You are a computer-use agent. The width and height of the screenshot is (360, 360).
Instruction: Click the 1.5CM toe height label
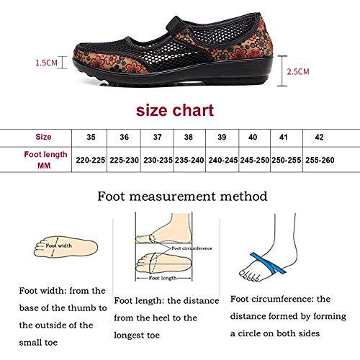[46, 63]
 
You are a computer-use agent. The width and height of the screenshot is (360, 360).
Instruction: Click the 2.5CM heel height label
[298, 71]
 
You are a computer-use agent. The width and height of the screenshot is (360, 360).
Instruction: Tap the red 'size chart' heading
[175, 110]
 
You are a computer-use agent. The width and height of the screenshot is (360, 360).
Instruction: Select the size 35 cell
[91, 137]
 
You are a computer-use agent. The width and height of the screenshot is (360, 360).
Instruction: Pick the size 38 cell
[189, 137]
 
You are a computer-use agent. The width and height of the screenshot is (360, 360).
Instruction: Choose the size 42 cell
[319, 137]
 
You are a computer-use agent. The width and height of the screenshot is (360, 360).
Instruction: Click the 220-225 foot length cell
[91, 160]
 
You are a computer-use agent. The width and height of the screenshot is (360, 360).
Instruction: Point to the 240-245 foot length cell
[223, 160]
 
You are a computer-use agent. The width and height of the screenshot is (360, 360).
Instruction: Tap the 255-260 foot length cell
[320, 160]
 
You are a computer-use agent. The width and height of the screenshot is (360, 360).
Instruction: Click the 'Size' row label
[43, 137]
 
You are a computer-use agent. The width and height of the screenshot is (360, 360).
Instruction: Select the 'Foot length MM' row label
[45, 160]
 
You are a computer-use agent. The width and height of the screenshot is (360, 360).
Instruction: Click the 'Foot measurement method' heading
[182, 197]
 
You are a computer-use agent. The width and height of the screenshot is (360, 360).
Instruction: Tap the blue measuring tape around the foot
[268, 264]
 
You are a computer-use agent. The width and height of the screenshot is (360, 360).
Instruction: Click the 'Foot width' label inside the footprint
[59, 246]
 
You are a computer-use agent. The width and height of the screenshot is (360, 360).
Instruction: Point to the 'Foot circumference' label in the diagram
[192, 248]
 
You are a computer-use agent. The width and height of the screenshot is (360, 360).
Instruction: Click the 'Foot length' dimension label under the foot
[163, 278]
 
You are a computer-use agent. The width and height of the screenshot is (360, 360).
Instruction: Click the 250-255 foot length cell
[287, 160]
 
